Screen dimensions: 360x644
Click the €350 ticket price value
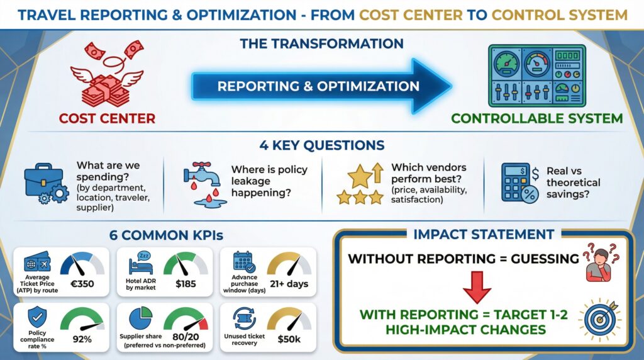click(x=82, y=284)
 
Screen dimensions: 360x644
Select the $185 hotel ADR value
click(x=186, y=284)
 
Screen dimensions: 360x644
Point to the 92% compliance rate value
click(x=82, y=339)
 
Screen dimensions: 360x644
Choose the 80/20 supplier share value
click(x=185, y=339)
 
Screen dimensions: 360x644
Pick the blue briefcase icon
click(x=47, y=182)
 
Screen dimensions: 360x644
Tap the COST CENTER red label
click(x=108, y=118)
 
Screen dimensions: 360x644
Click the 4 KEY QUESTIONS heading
click(x=321, y=145)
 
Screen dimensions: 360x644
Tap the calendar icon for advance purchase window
click(x=243, y=261)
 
